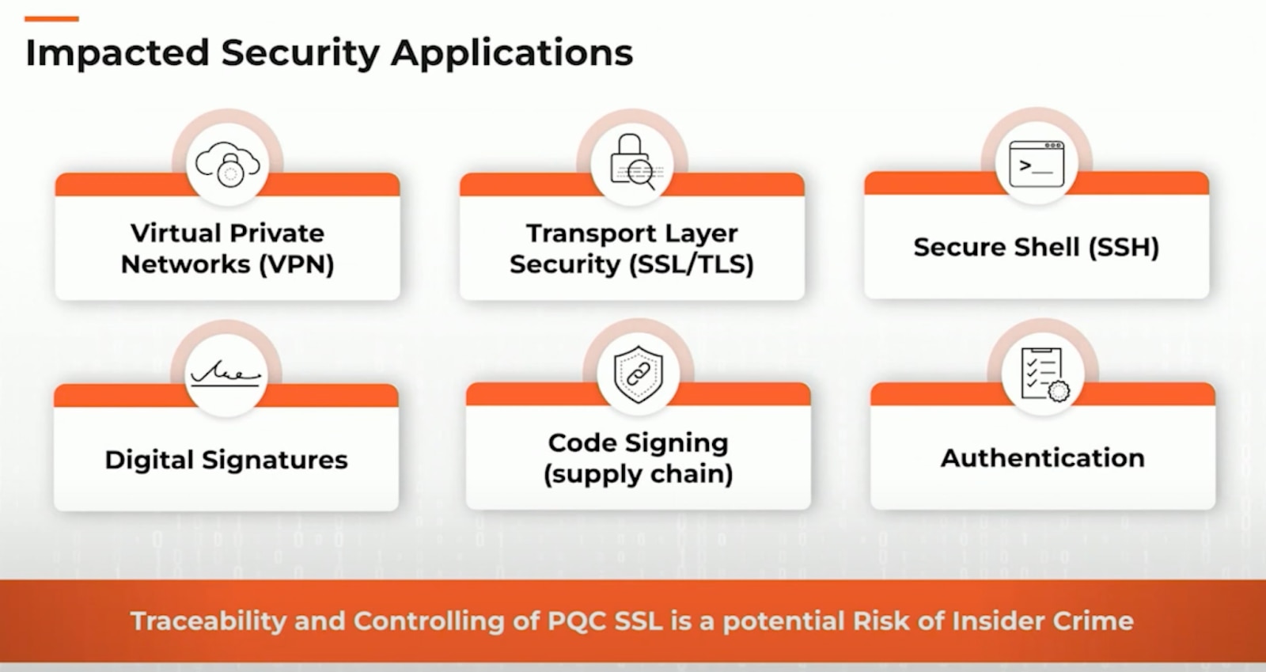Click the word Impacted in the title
[116, 53]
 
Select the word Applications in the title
[512, 54]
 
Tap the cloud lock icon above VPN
[228, 164]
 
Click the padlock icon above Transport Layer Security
[632, 162]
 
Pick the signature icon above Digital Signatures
[226, 372]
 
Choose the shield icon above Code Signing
[638, 374]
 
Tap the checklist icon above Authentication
[1042, 372]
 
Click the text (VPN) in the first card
[296, 264]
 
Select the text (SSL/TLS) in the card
[692, 264]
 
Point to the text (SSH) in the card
[1124, 247]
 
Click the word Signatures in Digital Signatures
[275, 460]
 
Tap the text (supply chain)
[638, 474]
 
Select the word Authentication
[1042, 458]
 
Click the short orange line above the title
[51, 18]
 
